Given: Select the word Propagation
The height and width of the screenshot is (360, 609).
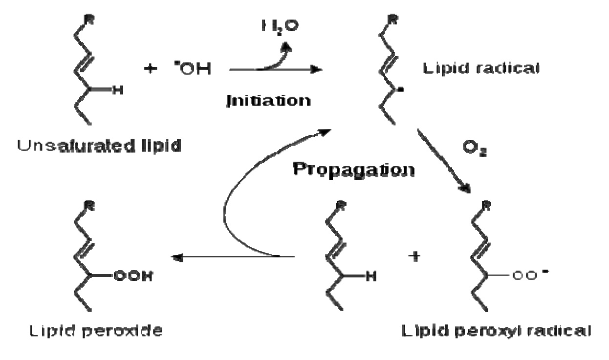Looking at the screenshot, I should (354, 169).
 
